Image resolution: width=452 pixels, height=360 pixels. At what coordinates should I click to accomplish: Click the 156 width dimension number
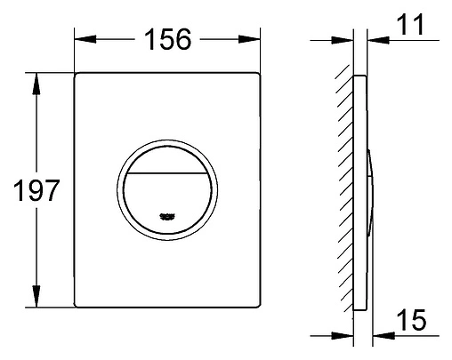tap(168, 39)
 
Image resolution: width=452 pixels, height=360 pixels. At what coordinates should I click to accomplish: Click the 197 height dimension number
tap(36, 190)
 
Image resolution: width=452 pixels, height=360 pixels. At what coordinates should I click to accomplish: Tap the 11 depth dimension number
tap(411, 24)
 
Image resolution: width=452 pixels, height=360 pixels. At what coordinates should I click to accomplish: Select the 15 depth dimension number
tap(411, 319)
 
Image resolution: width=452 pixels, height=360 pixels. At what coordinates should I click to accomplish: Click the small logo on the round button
tap(167, 217)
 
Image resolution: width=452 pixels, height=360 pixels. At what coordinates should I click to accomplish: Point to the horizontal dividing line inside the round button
tap(167, 172)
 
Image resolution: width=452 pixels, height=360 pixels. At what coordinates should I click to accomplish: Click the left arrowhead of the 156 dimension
tap(85, 39)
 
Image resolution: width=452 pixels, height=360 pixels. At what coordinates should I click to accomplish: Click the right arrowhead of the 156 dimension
tap(249, 39)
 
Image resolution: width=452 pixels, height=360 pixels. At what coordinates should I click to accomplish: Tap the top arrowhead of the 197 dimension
tap(36, 84)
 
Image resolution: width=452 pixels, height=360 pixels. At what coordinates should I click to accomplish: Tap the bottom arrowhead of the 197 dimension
tap(36, 296)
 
